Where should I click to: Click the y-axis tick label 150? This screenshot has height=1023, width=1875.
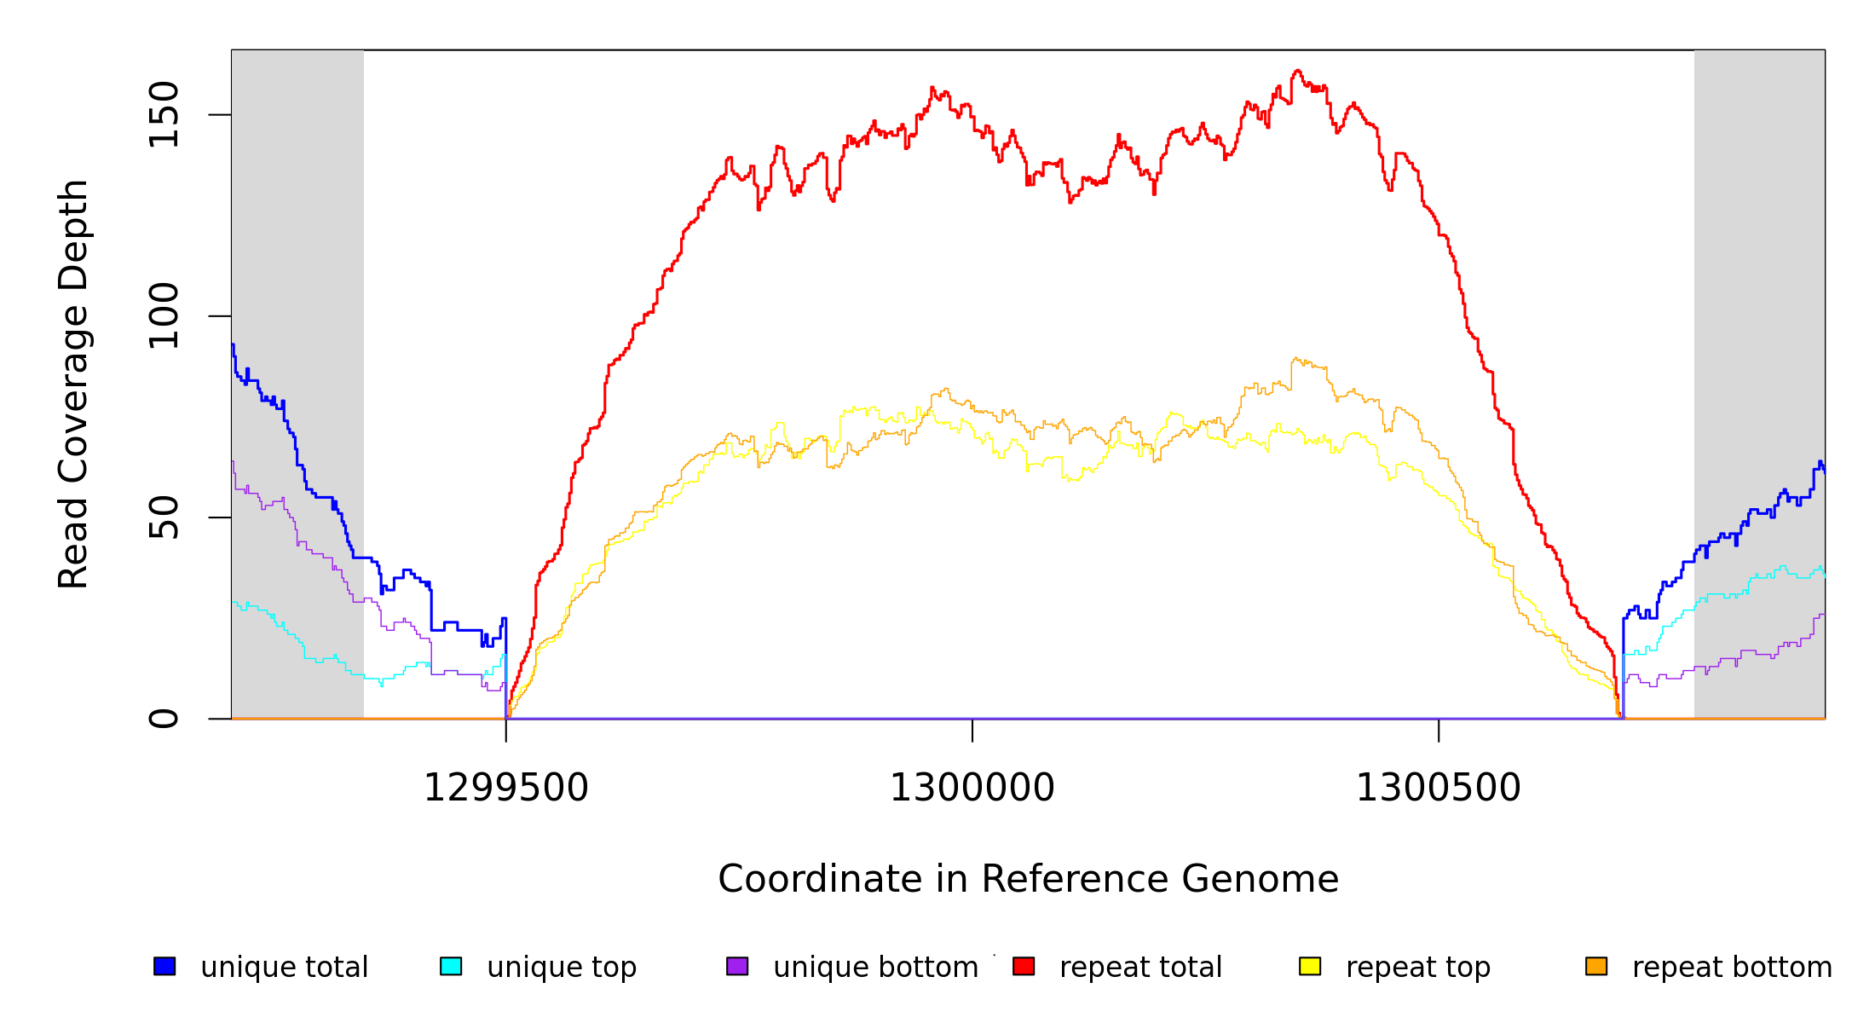coord(163,114)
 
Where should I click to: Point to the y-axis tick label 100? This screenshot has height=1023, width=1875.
coord(163,316)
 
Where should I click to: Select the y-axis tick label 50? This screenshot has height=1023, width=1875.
coord(163,517)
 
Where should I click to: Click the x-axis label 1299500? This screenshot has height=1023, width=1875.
coord(505,788)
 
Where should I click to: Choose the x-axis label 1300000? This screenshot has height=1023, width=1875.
coord(972,788)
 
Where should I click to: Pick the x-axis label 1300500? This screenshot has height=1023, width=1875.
coord(1438,788)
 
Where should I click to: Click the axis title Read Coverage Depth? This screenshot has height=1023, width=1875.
coord(73,384)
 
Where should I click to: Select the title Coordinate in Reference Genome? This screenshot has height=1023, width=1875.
coord(1028,879)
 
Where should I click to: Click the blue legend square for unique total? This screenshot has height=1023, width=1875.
coord(164,966)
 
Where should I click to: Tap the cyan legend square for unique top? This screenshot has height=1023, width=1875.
coord(451,966)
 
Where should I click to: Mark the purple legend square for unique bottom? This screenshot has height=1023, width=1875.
coord(737,966)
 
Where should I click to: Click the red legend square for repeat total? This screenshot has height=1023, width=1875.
coord(1024,966)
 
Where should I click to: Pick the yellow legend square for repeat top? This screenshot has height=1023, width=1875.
coord(1310,966)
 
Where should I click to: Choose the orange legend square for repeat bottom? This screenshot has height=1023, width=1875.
coord(1596,966)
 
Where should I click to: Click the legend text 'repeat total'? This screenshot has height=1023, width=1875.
coord(1140,967)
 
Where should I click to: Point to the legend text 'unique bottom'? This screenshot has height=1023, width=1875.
coord(875,967)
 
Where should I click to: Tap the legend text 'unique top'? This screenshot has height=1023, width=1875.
coord(562,967)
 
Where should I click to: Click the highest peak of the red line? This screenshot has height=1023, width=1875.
coord(1297,71)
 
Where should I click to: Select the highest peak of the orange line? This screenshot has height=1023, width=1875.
coord(1295,359)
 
